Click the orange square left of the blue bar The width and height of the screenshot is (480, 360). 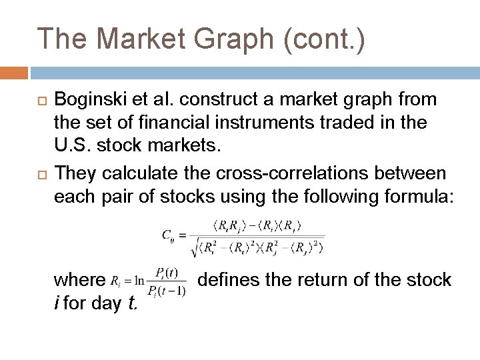point(14,72)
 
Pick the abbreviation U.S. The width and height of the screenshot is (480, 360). point(73,148)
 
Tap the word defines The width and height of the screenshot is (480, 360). point(229,279)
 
